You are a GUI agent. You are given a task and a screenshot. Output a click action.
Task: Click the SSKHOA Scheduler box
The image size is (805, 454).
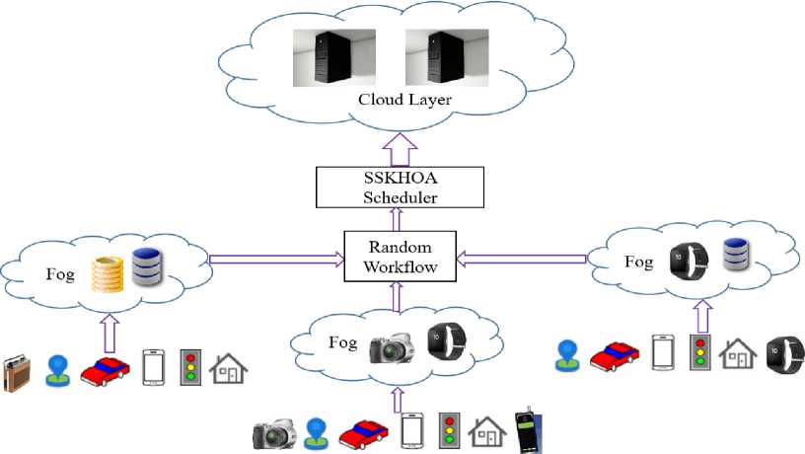click(400, 187)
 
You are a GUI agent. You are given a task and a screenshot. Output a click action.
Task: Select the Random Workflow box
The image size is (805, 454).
click(401, 256)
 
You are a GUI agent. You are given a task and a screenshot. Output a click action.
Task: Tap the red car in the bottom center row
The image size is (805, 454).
click(362, 432)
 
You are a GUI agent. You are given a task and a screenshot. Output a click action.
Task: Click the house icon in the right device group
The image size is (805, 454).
click(735, 353)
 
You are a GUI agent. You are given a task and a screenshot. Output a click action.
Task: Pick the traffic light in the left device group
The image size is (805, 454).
click(190, 364)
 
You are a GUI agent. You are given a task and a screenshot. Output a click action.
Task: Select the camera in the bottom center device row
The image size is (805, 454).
click(275, 433)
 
